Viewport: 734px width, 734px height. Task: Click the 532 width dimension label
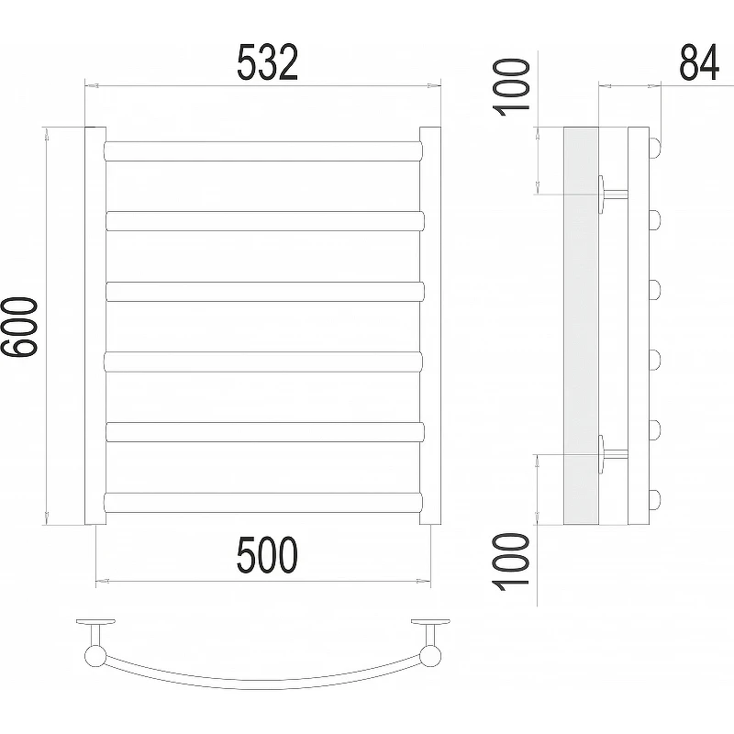pyautogui.click(x=267, y=62)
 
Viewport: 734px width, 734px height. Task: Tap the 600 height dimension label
pyautogui.click(x=18, y=327)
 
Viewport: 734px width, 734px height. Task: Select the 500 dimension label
pyautogui.click(x=267, y=555)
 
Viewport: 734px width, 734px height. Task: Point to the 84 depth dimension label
pyautogui.click(x=699, y=62)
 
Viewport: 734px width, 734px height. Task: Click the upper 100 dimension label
pyautogui.click(x=511, y=87)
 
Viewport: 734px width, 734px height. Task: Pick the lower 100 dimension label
pyautogui.click(x=511, y=562)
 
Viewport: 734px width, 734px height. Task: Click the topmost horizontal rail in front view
pyautogui.click(x=263, y=151)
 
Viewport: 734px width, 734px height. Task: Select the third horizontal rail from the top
pyautogui.click(x=265, y=292)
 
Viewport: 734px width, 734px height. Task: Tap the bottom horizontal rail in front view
pyautogui.click(x=263, y=502)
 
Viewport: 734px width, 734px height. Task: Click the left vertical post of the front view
pyautogui.click(x=95, y=326)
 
